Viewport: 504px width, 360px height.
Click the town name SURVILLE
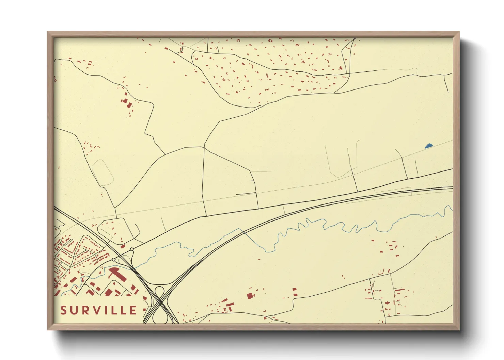98,310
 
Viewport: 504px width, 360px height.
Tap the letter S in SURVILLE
63,310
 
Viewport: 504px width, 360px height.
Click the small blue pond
428,146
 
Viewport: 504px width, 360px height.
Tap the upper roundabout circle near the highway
132,249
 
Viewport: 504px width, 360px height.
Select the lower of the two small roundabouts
114,260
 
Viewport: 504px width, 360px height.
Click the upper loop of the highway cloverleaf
159,291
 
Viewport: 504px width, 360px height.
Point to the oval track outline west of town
103,173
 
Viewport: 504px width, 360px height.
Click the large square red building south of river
250,296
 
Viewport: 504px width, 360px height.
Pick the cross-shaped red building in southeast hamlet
387,302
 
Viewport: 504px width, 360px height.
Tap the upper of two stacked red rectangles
295,290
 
